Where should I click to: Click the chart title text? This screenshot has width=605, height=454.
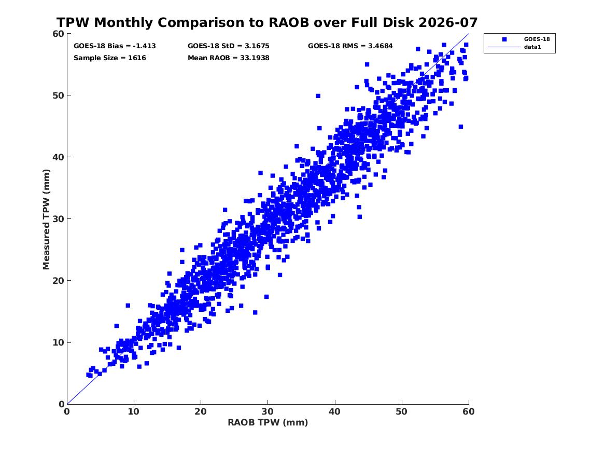coord(267,22)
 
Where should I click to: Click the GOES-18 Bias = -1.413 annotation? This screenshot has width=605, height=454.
coord(115,46)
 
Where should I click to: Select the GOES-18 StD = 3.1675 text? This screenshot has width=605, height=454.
coord(229,46)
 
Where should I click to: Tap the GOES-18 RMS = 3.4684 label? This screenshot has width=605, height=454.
coord(350,46)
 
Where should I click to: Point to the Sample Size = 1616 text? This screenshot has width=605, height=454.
coord(109,58)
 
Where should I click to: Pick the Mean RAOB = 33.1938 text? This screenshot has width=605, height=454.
coord(229,58)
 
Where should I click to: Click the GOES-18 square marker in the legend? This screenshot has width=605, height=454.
coord(504,39)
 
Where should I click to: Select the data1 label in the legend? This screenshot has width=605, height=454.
coord(532,47)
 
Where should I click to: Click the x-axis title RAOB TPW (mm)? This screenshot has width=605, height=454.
coord(268,422)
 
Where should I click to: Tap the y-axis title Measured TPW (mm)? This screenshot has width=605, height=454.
coord(46,219)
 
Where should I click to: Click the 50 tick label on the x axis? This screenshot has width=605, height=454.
coord(402,411)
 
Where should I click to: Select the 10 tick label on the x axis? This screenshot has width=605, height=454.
coord(134,411)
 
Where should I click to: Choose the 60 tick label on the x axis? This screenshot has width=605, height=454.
coord(469,411)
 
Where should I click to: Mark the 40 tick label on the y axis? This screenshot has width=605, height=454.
coord(58,157)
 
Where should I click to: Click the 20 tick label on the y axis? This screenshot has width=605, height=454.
coord(58,281)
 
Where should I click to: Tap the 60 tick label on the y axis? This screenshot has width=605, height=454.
coord(58,34)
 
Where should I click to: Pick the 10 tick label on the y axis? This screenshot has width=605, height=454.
coord(58,342)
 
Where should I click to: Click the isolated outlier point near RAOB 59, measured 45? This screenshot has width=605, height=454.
coord(461,127)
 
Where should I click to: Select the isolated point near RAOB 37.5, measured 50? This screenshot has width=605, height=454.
coord(318,96)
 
